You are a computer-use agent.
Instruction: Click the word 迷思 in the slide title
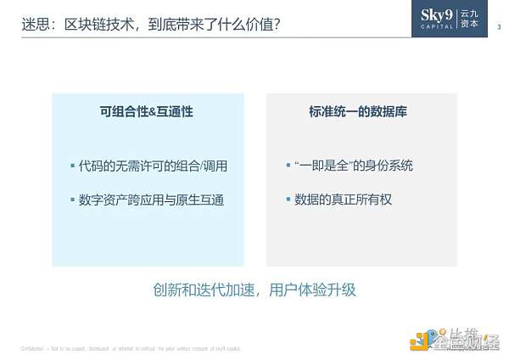34,24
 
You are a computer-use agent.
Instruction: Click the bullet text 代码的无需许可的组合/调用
153,166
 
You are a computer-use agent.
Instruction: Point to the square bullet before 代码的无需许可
73,165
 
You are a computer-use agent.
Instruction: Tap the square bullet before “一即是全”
288,165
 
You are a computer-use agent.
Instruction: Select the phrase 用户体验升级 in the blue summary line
316,290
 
